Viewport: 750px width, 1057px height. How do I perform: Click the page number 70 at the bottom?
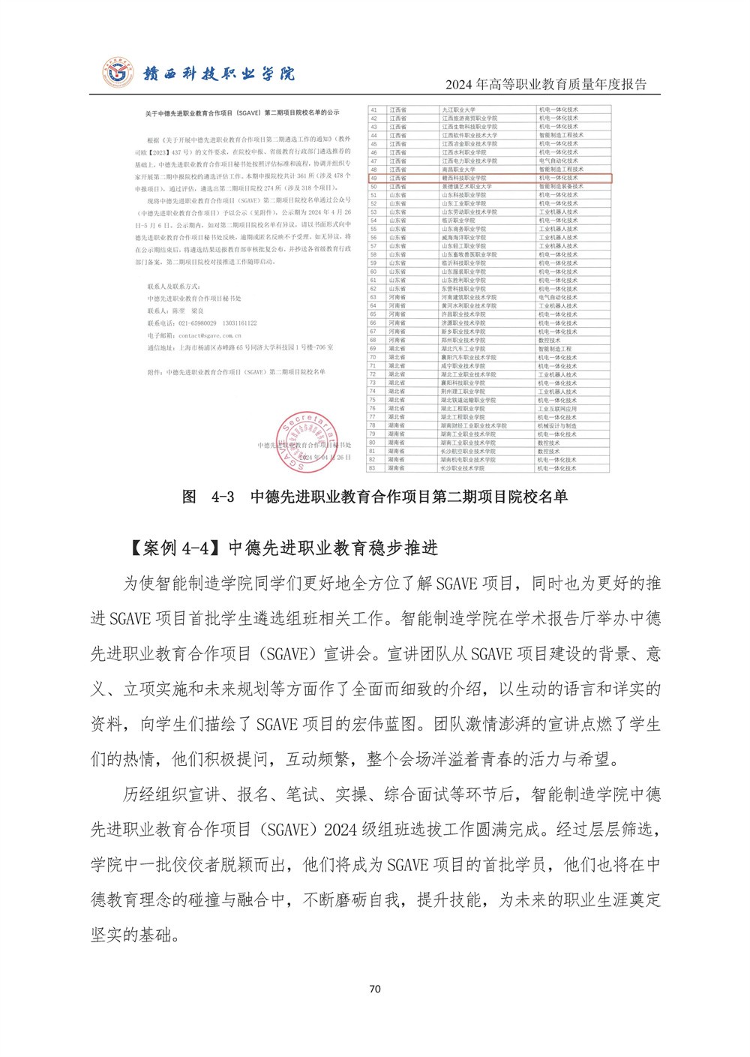(375, 989)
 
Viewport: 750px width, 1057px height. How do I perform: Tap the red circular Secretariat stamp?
(308, 442)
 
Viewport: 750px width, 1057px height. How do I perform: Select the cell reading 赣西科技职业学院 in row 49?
(463, 179)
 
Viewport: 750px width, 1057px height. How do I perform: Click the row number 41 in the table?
(373, 110)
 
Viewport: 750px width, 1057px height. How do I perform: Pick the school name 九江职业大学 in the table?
(458, 110)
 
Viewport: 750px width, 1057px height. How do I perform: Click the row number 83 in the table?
(373, 468)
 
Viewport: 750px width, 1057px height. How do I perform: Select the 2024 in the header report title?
(460, 85)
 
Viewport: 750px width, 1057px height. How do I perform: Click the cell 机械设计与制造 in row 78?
(557, 425)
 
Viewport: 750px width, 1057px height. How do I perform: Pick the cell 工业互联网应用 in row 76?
(557, 409)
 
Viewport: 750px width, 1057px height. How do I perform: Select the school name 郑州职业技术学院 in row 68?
(463, 340)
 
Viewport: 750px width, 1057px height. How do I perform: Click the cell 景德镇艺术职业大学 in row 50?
(466, 187)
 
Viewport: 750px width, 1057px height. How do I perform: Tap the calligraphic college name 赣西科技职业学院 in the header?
(219, 74)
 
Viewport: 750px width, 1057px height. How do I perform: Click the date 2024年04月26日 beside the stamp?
(325, 457)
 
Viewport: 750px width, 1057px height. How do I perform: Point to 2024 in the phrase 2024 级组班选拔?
(340, 830)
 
